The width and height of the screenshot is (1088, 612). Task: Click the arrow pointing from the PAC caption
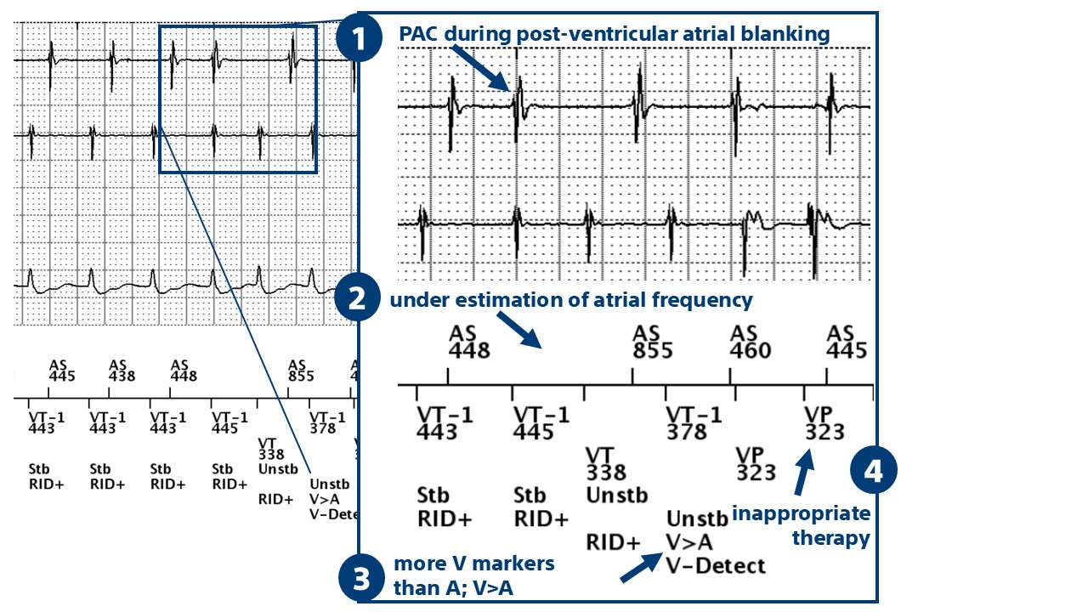(x=483, y=68)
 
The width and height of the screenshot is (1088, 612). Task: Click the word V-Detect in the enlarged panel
(x=716, y=564)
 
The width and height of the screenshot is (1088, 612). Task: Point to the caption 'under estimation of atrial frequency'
(x=570, y=300)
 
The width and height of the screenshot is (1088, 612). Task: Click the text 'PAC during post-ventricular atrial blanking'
(x=614, y=34)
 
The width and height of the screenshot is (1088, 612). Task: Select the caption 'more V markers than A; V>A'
(x=473, y=574)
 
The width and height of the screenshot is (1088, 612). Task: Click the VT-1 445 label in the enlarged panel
(x=542, y=422)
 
